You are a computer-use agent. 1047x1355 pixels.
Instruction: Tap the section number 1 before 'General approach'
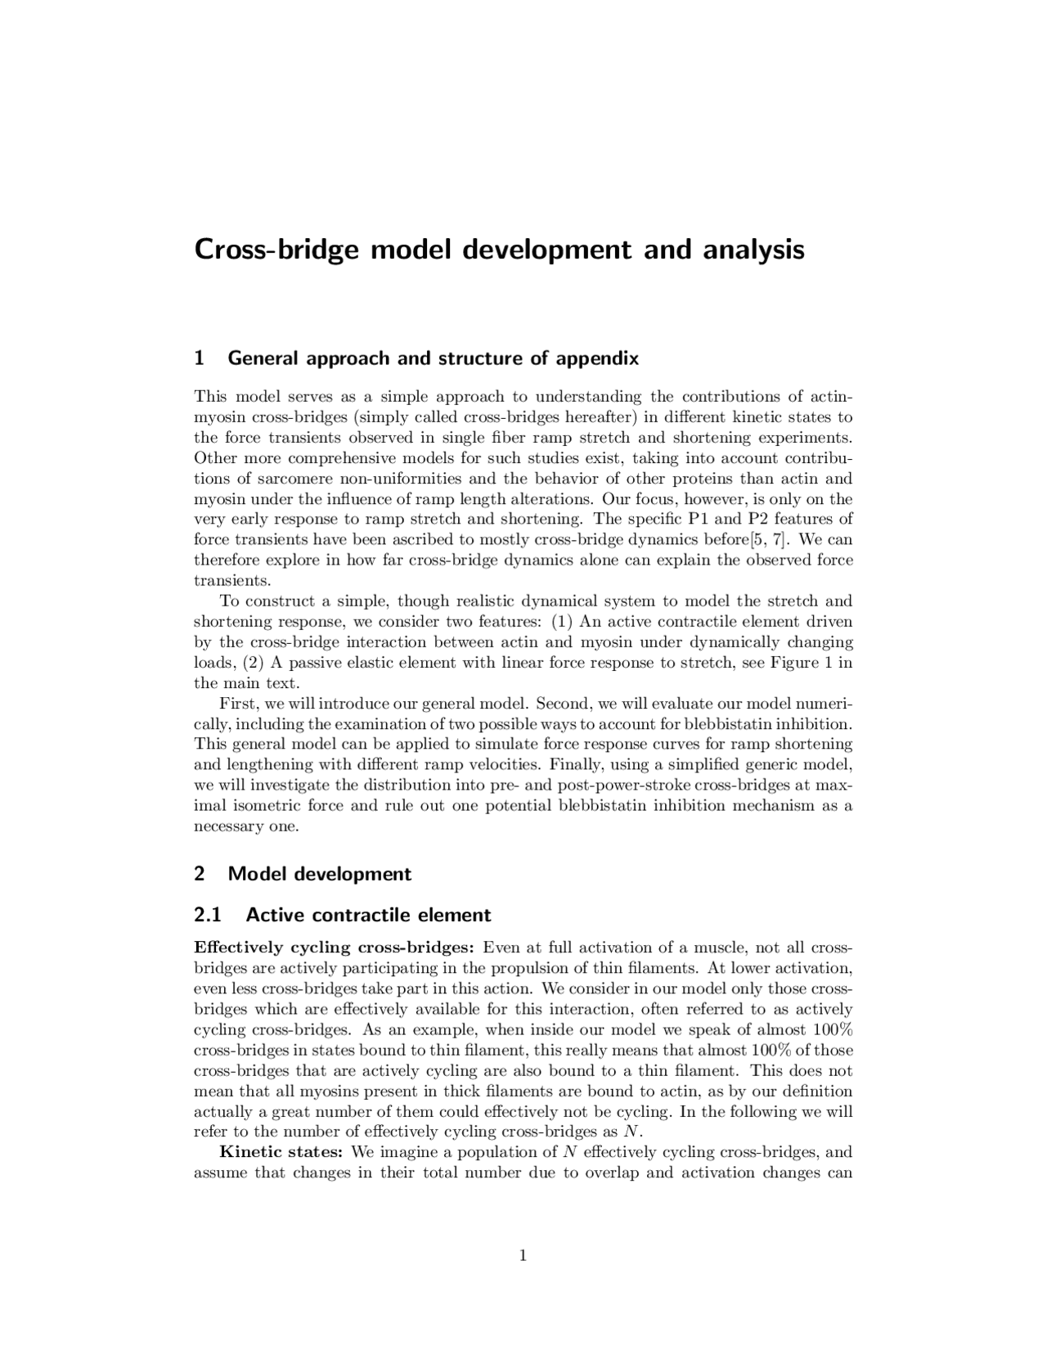coord(199,358)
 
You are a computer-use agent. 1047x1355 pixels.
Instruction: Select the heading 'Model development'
coord(319,874)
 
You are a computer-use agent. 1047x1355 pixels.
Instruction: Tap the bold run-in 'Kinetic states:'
coord(281,1153)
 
